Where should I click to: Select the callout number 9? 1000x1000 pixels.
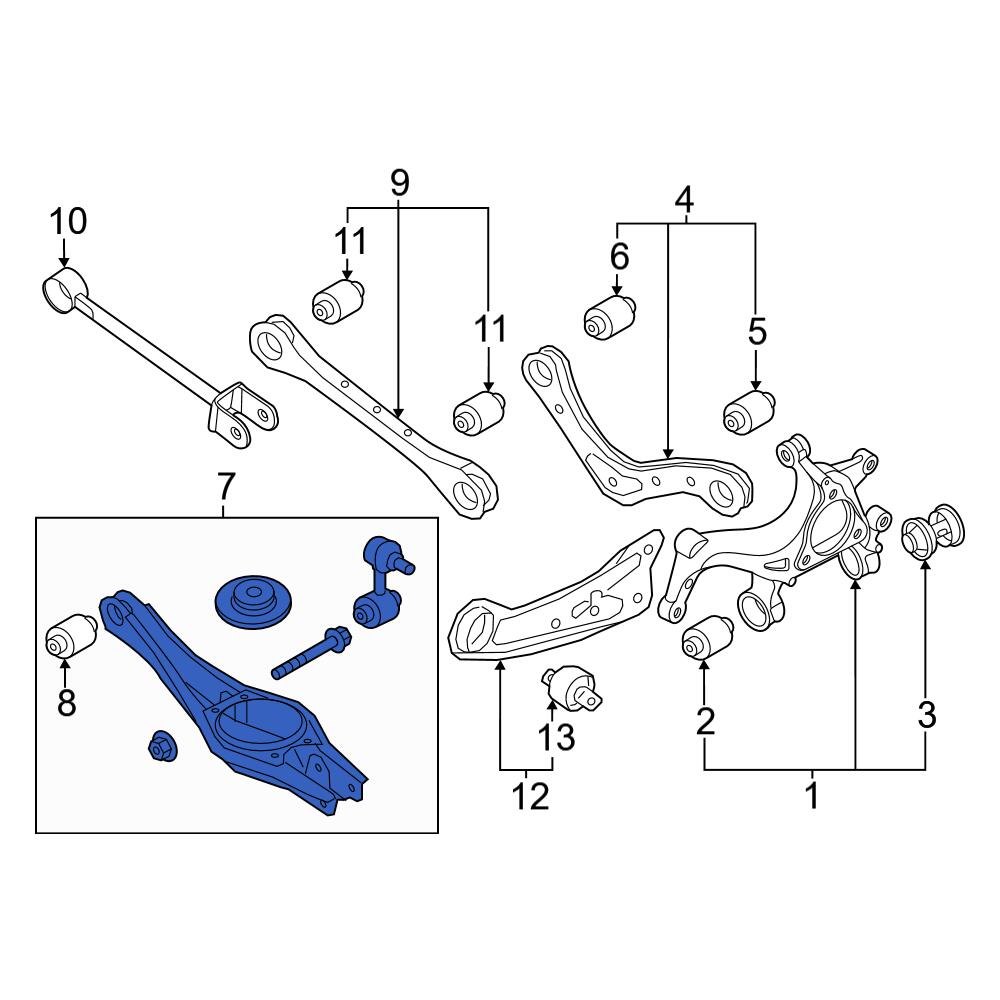tap(399, 182)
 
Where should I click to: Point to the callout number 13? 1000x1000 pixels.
tap(557, 738)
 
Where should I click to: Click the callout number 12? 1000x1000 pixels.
tap(529, 797)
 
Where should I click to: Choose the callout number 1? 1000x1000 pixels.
tap(812, 797)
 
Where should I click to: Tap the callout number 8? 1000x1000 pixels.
tap(66, 703)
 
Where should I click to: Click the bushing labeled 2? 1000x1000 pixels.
tap(707, 639)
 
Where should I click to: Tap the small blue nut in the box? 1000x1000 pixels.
tap(160, 746)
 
